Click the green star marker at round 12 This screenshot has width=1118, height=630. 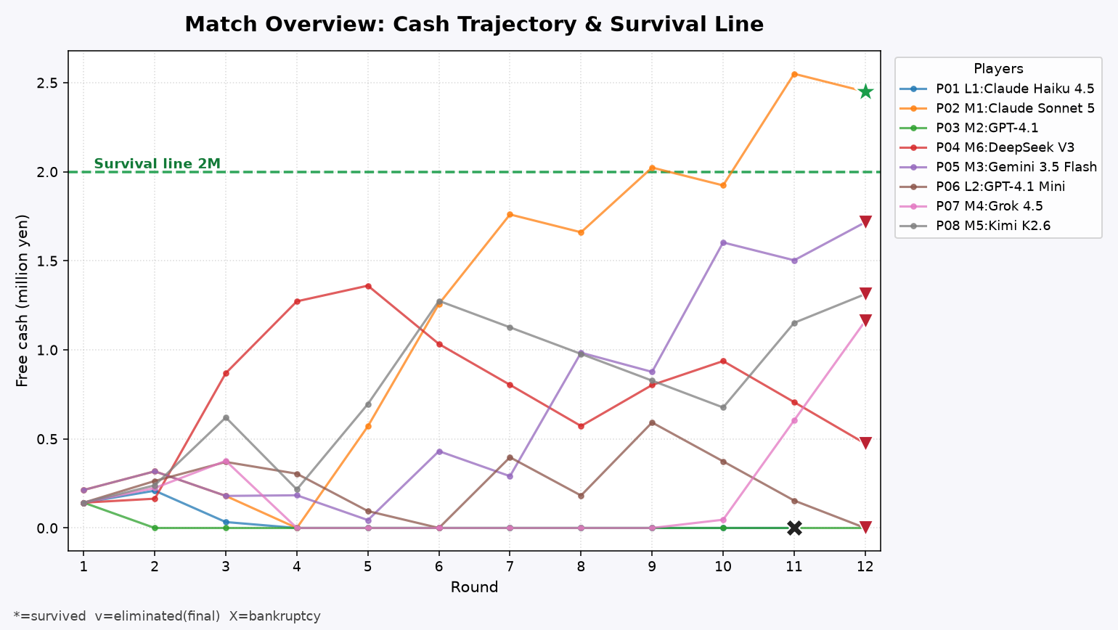tap(865, 91)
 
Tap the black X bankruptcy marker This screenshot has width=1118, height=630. tap(794, 528)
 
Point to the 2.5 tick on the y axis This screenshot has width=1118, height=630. tap(46, 83)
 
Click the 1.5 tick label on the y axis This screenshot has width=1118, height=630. tap(46, 261)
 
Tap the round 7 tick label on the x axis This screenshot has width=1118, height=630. tap(510, 566)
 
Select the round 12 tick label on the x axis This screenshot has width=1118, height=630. tap(865, 566)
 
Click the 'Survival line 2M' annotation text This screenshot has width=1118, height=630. tap(158, 163)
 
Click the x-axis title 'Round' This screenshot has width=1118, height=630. tap(474, 587)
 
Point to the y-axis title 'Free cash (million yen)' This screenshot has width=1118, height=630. tap(22, 300)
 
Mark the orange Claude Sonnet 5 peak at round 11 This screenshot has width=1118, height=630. tap(794, 74)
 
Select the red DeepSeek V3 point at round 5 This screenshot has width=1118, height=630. tap(368, 286)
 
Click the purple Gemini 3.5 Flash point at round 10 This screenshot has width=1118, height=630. tap(723, 243)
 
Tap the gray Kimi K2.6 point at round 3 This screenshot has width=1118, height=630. tap(226, 417)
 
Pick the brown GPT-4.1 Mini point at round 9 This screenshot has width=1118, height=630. tap(652, 423)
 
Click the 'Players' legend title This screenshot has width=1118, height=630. tap(998, 69)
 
